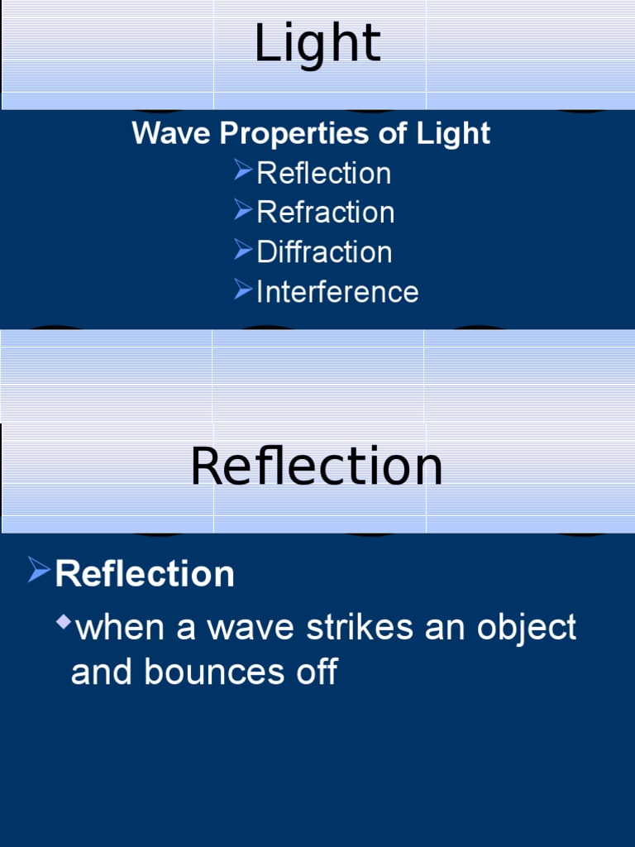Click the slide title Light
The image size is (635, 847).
[x=317, y=44]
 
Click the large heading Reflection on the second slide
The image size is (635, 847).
[x=317, y=467]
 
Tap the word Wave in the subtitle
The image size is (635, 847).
[x=162, y=133]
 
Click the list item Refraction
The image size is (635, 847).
[x=325, y=213]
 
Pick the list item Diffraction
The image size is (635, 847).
[x=324, y=252]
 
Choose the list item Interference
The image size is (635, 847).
[x=337, y=292]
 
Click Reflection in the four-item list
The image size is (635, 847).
[x=323, y=174]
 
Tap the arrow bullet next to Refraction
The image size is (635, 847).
[x=242, y=210]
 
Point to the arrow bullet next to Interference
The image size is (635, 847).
[x=242, y=289]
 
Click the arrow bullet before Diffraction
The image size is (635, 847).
[x=242, y=249]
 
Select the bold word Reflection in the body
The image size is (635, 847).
[x=145, y=574]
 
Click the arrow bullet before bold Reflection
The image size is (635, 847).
[x=39, y=570]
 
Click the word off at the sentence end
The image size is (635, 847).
[x=317, y=672]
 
